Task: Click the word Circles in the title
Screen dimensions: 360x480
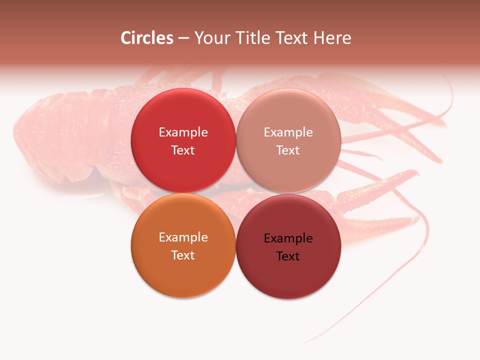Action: click(147, 38)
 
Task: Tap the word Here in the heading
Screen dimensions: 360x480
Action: click(332, 38)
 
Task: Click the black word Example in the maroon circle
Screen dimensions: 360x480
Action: click(288, 238)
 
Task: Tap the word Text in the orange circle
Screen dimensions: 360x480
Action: click(183, 255)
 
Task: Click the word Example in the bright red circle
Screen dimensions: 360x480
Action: click(183, 132)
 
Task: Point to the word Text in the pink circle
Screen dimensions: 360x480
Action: click(288, 150)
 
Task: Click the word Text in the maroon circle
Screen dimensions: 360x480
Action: click(288, 256)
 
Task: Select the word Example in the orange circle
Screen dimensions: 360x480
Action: click(183, 237)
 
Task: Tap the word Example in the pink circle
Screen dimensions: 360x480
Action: click(288, 132)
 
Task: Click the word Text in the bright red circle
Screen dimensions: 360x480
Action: click(183, 150)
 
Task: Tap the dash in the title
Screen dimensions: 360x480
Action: click(183, 38)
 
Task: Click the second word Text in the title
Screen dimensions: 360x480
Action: click(290, 38)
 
